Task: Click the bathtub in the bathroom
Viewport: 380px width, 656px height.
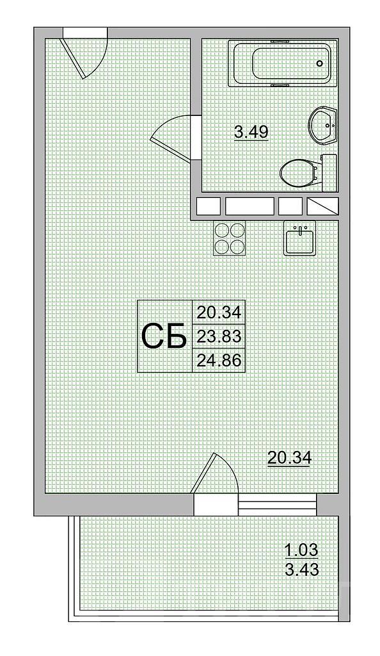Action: point(282,63)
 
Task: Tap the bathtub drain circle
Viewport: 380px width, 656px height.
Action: point(320,63)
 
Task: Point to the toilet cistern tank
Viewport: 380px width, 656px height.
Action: point(329,172)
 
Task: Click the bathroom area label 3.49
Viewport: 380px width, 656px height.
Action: point(251,132)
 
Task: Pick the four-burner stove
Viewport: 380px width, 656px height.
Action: point(229,238)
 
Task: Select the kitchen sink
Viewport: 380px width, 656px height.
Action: point(300,238)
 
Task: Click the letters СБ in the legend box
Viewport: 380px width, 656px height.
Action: point(164,336)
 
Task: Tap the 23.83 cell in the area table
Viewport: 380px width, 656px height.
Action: point(219,336)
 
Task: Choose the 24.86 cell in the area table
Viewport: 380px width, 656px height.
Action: point(219,360)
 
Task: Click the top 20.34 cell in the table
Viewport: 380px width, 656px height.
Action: point(219,313)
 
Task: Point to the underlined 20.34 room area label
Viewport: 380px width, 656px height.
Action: point(289,459)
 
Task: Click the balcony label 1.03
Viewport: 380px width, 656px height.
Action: point(301,549)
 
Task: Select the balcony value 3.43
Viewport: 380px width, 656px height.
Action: point(301,569)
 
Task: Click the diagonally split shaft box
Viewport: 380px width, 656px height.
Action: point(322,206)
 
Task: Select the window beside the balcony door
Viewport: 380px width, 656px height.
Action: point(277,505)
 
